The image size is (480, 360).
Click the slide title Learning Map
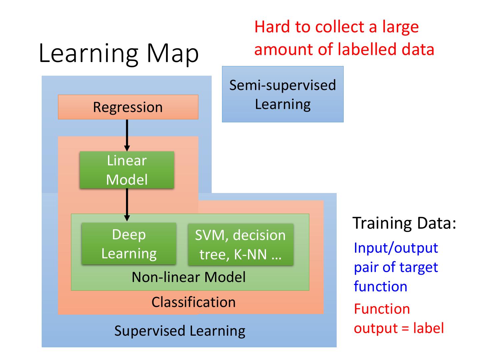point(119,54)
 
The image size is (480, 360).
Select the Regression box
point(128,107)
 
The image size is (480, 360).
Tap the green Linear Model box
point(127,170)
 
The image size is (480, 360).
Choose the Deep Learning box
point(129,243)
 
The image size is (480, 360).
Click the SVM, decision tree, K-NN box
point(241,244)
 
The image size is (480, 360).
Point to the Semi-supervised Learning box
point(283,94)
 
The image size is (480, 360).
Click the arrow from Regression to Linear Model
point(127,135)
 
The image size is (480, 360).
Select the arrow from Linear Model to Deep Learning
point(127,205)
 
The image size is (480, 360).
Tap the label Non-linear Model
point(189,277)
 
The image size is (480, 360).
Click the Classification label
point(194,302)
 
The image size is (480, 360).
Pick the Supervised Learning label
point(180,331)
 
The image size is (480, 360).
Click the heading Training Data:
point(404,223)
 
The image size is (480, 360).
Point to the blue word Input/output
point(396,248)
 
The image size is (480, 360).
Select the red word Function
point(382,309)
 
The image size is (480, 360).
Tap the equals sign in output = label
point(405,329)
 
